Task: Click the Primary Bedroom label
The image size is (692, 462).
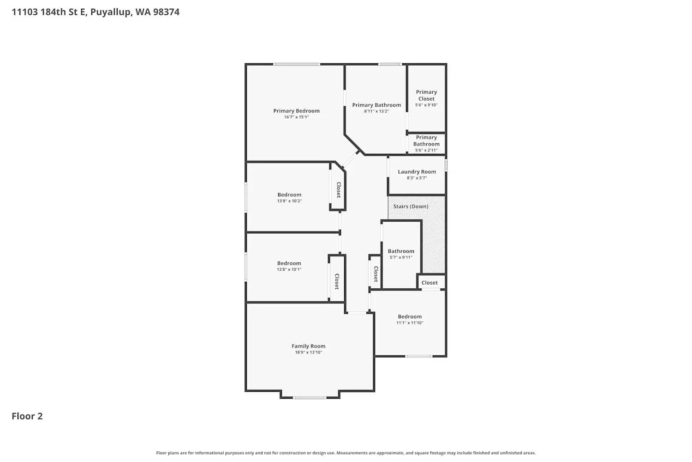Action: (296, 111)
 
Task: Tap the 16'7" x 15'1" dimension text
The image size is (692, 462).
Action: (296, 117)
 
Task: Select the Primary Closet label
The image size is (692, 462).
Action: (426, 95)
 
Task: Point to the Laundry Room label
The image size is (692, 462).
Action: (417, 172)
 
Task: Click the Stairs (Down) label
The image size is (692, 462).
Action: (411, 207)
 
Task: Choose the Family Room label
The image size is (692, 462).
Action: (308, 346)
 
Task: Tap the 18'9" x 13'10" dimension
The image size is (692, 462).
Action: (308, 352)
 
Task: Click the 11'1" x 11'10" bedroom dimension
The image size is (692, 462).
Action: (410, 323)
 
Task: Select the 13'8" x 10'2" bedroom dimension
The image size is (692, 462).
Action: (289, 201)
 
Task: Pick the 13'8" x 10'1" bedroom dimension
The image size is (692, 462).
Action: (289, 269)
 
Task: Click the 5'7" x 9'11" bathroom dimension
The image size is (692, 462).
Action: (401, 257)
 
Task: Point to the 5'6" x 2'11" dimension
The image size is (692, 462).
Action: (426, 150)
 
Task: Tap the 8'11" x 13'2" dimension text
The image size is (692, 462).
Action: (376, 111)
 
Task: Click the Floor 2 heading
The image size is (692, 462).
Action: (27, 416)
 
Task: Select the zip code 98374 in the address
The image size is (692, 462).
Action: (166, 12)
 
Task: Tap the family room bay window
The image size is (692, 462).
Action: (309, 398)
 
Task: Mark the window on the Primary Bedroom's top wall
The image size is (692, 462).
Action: (297, 64)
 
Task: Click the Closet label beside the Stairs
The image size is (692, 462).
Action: (430, 283)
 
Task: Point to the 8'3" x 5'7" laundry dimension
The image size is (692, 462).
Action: (417, 178)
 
